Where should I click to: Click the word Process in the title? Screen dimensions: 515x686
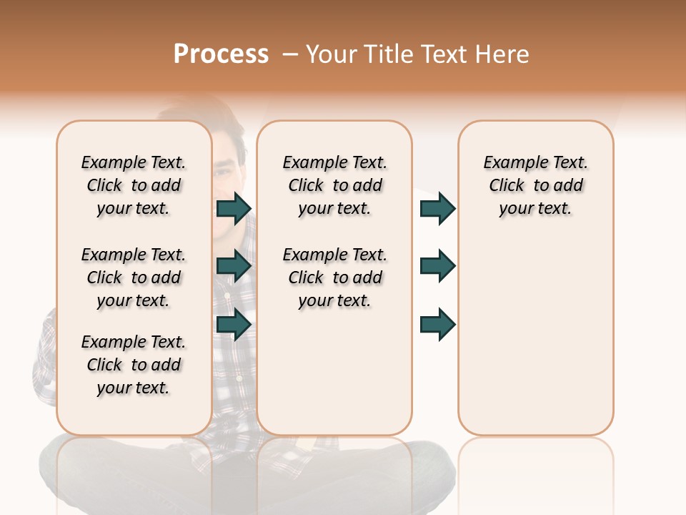coord(221,54)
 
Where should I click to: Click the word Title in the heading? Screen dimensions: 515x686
coord(388,54)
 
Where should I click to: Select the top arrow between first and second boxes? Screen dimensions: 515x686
coord(234,208)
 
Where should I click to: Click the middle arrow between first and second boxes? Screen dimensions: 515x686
coord(234,266)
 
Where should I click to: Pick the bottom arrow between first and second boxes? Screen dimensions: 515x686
coord(234,324)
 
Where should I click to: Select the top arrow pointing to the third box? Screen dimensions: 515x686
coord(437,208)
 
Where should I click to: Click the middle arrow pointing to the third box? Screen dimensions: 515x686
coord(437,266)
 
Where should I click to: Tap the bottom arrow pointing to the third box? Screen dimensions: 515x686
coord(437,324)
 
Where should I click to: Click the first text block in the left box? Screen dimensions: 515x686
coord(134,185)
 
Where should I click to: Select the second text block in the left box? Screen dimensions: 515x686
coord(134,278)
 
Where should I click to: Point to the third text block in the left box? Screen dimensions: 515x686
coord(134,365)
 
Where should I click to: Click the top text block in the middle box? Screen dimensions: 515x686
coord(334,185)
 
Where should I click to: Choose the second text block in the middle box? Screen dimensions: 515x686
coord(334,278)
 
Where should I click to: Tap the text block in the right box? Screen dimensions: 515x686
coord(535,185)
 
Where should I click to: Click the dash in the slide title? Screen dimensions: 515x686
coord(290,54)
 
